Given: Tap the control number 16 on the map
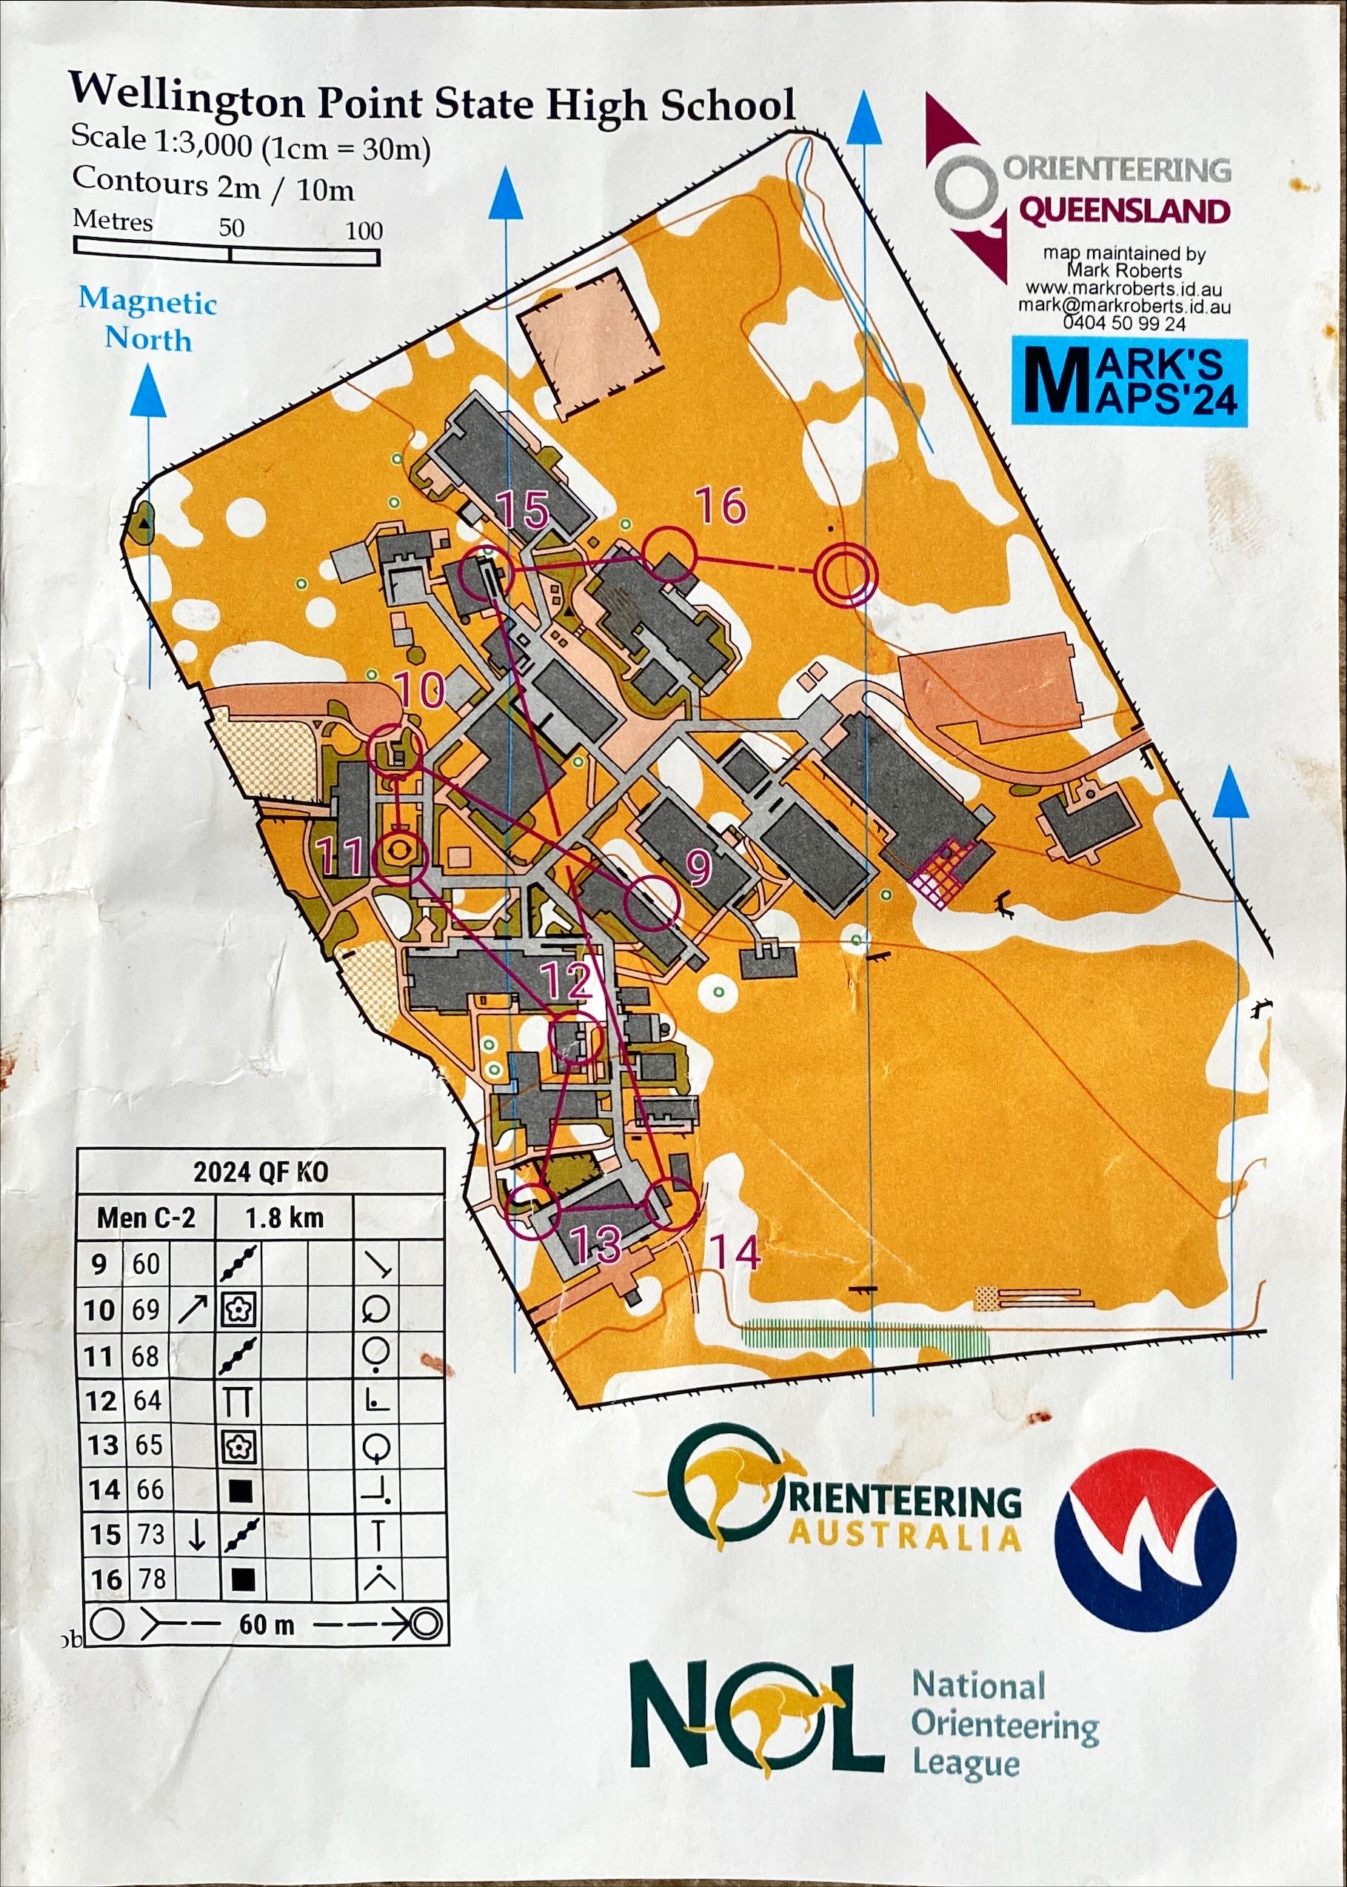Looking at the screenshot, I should [x=720, y=506].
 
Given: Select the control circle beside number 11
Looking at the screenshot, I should [x=401, y=858].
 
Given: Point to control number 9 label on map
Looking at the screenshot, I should [x=699, y=868].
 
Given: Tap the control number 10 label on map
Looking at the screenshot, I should [x=421, y=689].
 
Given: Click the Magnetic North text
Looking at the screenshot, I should [x=147, y=319].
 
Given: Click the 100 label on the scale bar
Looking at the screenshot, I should [x=364, y=231].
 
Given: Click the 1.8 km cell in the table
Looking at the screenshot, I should [x=284, y=1218].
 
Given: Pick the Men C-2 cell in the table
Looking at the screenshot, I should [x=146, y=1218].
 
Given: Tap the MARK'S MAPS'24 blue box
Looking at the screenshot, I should [x=1129, y=382].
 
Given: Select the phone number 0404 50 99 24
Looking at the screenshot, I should [x=1125, y=324].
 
